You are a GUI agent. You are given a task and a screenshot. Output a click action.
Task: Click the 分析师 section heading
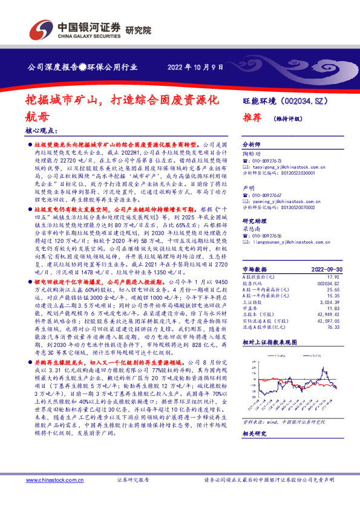click(x=250, y=145)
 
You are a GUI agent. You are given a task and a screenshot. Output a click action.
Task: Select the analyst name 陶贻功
click(x=250, y=154)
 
